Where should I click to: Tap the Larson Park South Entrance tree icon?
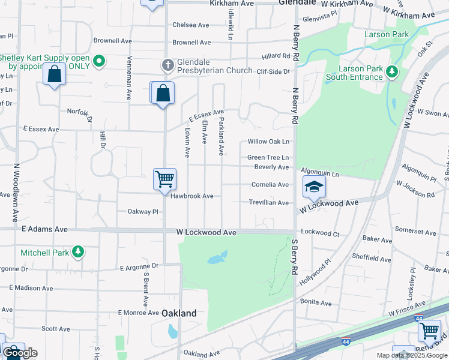tap(393, 72)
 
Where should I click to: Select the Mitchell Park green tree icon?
tap(77, 253)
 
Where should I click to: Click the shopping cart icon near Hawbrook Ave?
tap(164, 179)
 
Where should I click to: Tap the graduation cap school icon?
tap(313, 187)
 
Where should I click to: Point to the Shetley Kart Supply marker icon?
tap(100, 61)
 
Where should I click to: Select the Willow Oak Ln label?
tap(269, 142)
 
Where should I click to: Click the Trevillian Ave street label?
tap(270, 203)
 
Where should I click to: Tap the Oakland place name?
tap(179, 313)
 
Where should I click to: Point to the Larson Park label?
tap(387, 34)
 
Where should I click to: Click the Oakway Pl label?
tap(142, 212)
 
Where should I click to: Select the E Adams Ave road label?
tap(44, 229)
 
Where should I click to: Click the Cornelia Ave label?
tap(270, 185)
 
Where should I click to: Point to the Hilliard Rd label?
tap(276, 56)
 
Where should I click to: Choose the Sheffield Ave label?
tap(371, 259)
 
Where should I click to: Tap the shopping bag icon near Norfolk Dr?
tap(54, 74)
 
